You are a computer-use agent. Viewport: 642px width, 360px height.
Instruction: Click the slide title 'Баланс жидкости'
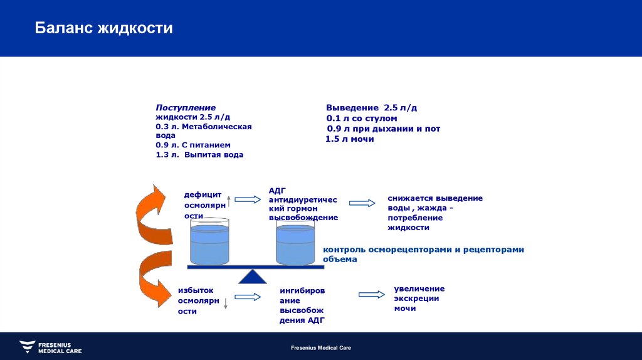pos(103,28)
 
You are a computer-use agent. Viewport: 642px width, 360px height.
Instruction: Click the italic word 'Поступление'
pos(186,108)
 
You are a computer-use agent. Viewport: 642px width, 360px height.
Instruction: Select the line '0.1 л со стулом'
pos(361,118)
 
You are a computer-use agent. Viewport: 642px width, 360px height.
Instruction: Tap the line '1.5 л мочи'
pos(350,139)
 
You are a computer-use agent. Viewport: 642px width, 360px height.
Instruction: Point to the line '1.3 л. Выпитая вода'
pos(199,154)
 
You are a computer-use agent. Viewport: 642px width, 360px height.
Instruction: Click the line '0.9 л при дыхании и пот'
pos(383,129)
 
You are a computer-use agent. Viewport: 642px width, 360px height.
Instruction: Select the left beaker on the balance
pos(210,241)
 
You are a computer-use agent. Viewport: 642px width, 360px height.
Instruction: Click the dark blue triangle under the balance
pos(253,277)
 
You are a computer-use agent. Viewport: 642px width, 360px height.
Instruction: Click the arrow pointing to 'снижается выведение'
pos(362,203)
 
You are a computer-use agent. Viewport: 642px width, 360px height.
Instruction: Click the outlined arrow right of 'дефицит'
pos(247,199)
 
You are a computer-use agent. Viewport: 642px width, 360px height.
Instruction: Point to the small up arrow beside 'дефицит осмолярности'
pos(229,201)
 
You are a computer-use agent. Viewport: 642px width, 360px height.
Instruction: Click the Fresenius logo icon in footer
pos(27,347)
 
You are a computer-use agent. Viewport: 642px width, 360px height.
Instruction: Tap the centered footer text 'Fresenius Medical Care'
pos(321,347)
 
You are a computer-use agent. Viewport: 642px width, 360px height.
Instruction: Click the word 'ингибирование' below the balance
pos(302,295)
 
